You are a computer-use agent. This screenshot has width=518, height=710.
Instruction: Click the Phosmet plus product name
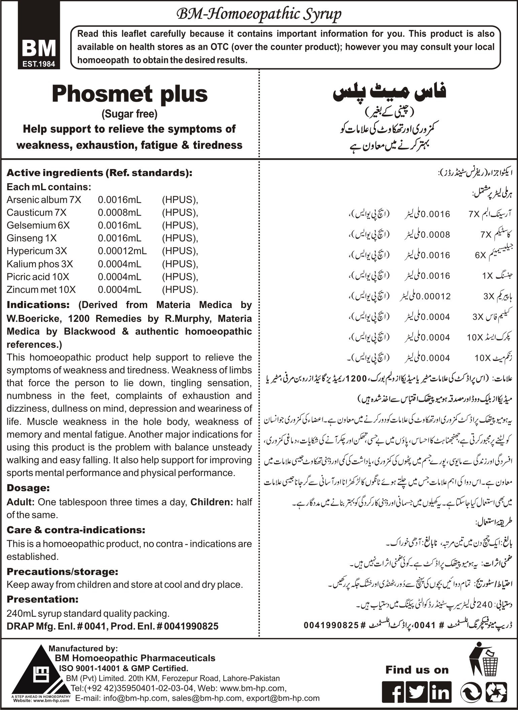point(130,95)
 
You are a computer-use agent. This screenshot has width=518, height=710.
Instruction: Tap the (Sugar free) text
point(130,114)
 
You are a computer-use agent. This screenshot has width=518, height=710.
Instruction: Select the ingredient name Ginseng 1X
point(32,238)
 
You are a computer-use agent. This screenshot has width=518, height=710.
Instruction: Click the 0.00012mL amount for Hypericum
point(122,251)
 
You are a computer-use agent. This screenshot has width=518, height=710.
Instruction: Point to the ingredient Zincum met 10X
point(41,290)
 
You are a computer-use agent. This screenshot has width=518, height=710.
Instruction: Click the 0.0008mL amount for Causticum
point(119,213)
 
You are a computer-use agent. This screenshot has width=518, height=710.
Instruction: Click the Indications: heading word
point(38,305)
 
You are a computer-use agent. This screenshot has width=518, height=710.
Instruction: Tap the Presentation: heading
point(42,599)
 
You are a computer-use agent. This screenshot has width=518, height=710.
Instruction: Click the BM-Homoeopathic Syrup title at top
point(259,14)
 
